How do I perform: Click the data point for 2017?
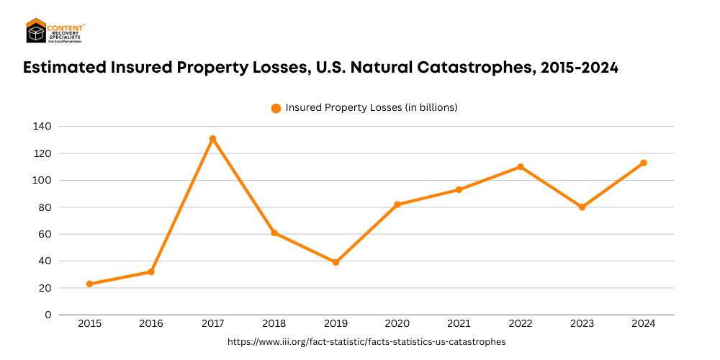[212, 138]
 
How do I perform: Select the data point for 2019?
[336, 262]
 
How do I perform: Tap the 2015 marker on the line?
[89, 284]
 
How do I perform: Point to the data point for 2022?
[520, 166]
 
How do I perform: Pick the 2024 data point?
[643, 163]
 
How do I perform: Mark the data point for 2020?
[397, 204]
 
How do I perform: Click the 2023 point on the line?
[582, 207]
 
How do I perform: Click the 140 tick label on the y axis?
[42, 126]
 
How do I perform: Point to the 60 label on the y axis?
[45, 234]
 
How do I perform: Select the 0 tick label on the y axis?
[48, 315]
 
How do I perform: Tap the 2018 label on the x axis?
[274, 324]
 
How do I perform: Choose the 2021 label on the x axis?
[459, 324]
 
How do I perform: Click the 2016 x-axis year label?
[151, 324]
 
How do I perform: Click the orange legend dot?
[276, 108]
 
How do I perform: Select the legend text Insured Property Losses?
[372, 107]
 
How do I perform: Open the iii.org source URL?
[366, 342]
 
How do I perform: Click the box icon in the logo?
[36, 32]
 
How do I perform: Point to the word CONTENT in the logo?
[66, 26]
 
